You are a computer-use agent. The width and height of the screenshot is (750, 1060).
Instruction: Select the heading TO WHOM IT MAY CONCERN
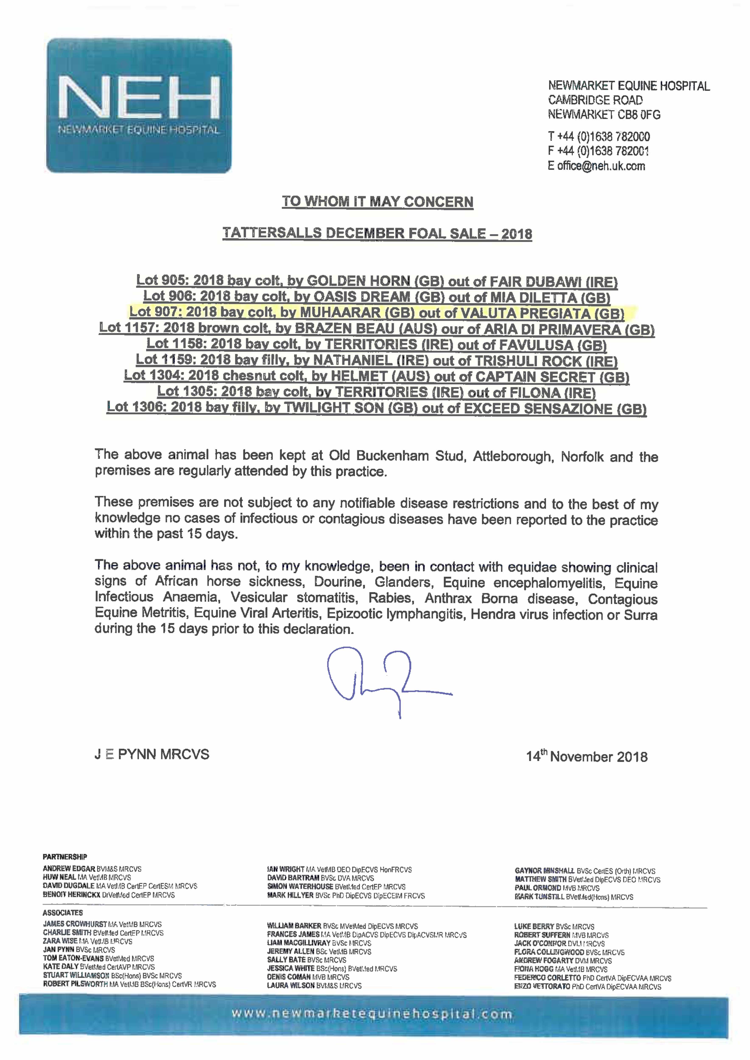[x=377, y=202]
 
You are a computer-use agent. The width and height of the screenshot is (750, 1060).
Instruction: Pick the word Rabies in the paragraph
[x=390, y=598]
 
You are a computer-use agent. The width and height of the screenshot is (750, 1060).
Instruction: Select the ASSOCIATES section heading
[x=63, y=913]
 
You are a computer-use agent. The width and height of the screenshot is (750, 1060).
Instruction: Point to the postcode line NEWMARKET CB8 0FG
[x=604, y=114]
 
